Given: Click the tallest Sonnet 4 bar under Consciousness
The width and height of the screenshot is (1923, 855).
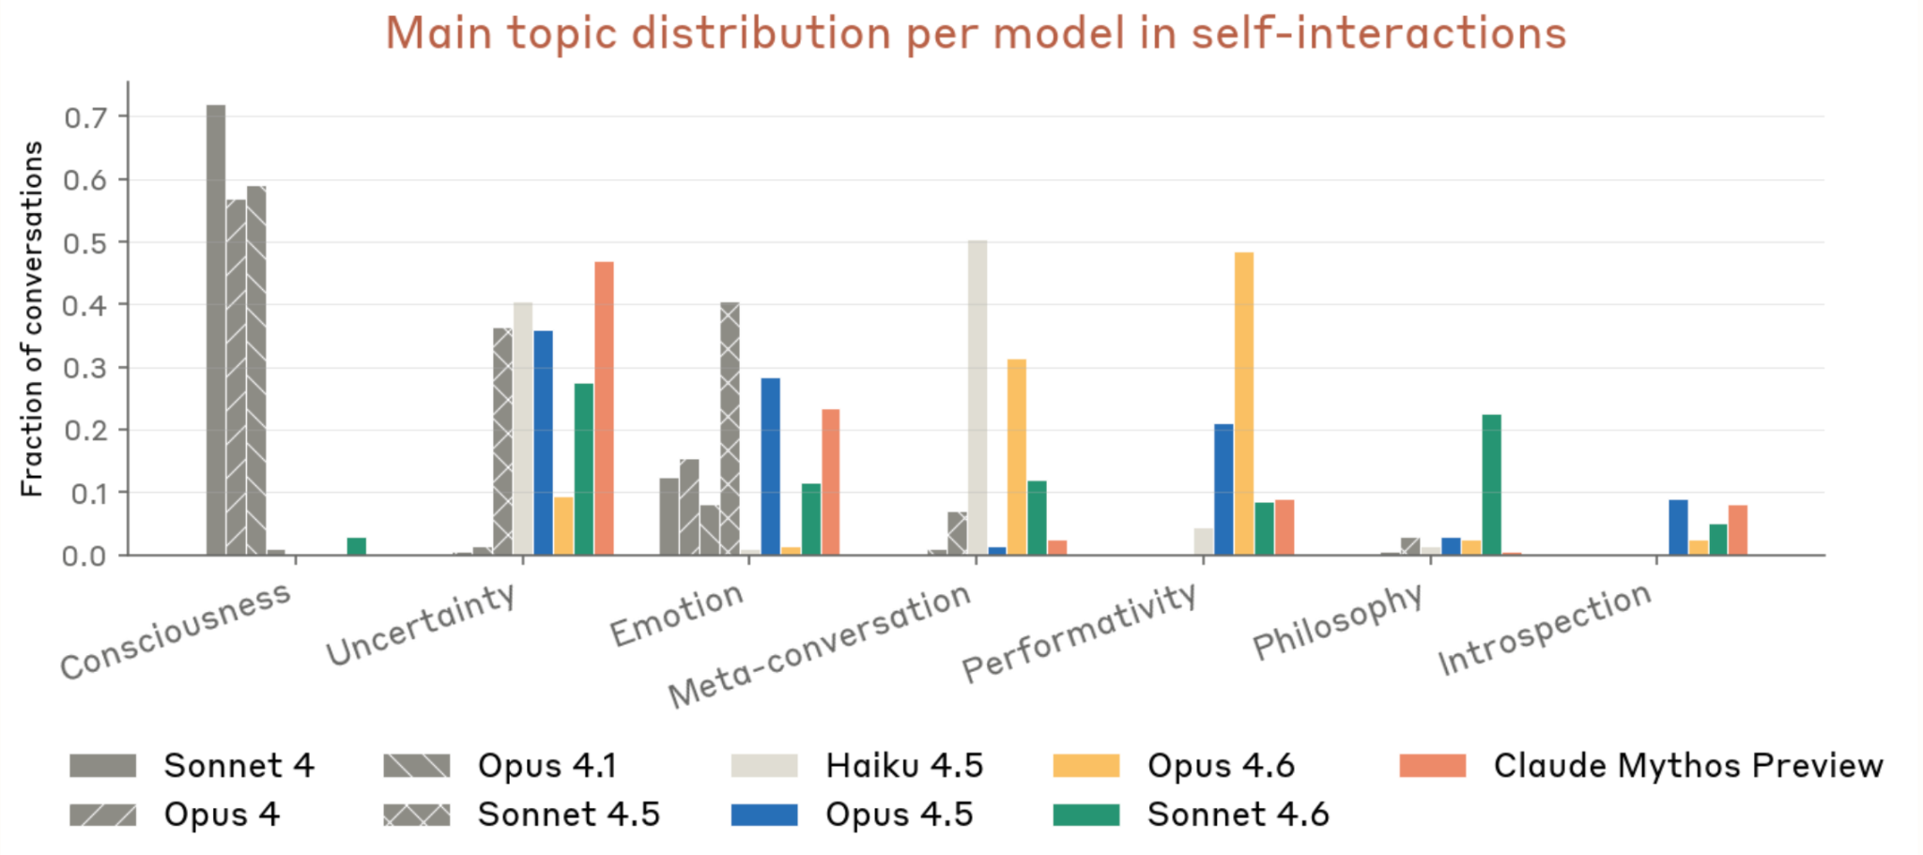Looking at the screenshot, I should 216,328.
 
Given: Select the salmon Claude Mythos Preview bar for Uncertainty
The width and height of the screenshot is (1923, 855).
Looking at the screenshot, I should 604,408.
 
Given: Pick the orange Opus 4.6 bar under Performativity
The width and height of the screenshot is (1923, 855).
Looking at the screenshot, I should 1244,404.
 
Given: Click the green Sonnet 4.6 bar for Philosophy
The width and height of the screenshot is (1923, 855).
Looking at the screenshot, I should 1491,484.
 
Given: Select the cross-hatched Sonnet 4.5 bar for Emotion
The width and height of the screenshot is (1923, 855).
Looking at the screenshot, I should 730,428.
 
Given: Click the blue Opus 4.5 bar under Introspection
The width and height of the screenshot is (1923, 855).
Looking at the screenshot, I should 1678,527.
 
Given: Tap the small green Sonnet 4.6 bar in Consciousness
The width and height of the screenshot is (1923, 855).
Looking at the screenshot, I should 357,546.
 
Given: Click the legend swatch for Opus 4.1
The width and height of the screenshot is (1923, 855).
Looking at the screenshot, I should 417,766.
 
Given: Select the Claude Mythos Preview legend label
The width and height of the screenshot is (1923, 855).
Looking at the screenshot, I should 1687,766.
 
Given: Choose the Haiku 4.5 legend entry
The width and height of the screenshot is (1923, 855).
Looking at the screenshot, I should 903,766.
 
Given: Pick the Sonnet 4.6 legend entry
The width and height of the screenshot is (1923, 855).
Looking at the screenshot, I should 1237,815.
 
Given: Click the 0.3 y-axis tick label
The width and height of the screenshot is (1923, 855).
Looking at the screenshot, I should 85,369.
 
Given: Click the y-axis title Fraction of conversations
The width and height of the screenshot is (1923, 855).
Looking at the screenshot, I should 32,319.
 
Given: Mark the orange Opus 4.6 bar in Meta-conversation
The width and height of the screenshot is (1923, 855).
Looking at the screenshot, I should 1017,457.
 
